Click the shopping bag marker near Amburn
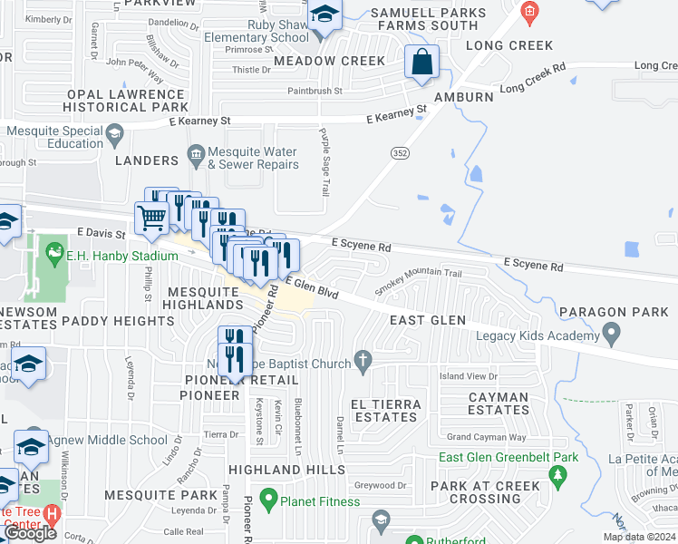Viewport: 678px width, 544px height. (421, 63)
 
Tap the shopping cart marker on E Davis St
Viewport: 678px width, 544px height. (151, 218)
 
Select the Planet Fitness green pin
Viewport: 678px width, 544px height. (268, 498)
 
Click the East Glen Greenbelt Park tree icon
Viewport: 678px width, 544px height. (559, 474)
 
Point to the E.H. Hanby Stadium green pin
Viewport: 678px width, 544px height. (54, 251)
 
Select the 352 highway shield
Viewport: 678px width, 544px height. (400, 154)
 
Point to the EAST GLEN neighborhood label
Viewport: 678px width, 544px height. (427, 321)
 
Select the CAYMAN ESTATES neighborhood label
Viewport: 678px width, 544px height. (499, 403)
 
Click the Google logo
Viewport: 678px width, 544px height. (30, 533)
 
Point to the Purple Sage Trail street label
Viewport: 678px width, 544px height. (323, 160)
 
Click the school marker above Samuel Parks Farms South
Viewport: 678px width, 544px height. (324, 16)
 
